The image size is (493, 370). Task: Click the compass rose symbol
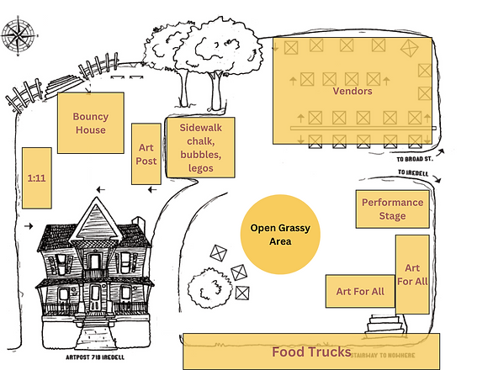(19, 36)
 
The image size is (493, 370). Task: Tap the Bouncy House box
(90, 123)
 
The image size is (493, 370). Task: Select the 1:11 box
(35, 177)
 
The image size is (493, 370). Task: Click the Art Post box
(146, 154)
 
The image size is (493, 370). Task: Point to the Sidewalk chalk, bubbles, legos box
(200, 147)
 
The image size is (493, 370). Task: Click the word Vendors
(353, 91)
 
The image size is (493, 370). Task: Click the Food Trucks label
(310, 352)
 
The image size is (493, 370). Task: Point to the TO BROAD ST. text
(418, 158)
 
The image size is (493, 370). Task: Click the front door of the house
(96, 296)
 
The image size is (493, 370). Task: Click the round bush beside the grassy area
(207, 288)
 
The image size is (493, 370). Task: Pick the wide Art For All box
(360, 291)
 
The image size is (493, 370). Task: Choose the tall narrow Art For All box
(412, 273)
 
